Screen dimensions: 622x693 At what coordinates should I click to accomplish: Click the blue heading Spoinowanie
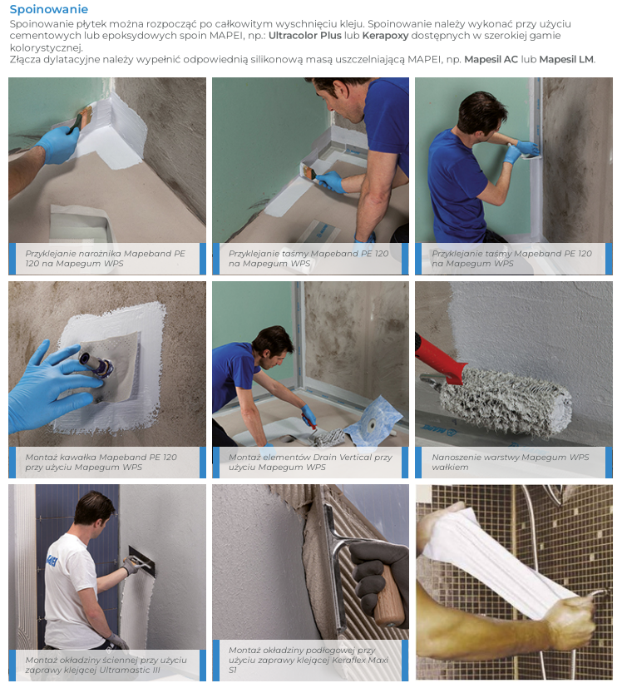48,9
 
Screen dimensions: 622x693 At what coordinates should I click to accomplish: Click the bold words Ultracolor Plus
305,36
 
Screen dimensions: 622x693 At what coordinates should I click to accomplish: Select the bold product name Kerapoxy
385,37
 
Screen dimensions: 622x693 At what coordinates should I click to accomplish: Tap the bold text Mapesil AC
491,59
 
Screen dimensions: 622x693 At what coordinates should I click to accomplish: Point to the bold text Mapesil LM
566,59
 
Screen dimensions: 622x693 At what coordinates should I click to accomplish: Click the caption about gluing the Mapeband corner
105,259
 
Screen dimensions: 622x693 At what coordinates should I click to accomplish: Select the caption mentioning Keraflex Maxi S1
309,660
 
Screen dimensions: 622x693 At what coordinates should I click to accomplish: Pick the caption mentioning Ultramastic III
106,665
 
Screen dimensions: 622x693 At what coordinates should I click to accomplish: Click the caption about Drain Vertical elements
310,462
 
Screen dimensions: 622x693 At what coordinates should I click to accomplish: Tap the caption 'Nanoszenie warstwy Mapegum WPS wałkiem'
511,462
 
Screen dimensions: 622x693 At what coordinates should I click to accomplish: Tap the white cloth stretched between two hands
495,560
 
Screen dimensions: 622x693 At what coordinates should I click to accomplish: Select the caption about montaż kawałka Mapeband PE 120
101,462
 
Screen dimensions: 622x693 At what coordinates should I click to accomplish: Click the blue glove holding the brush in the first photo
58,144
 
